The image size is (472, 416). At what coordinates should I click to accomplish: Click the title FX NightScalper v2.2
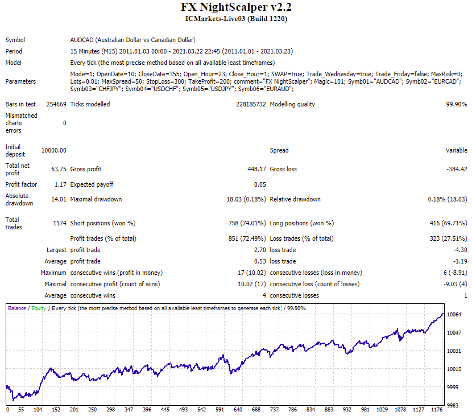click(x=236, y=7)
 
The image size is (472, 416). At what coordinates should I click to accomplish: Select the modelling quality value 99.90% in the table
click(x=456, y=104)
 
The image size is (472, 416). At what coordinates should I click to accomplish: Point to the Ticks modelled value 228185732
click(x=251, y=104)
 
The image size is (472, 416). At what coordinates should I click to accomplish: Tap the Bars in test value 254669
click(x=56, y=104)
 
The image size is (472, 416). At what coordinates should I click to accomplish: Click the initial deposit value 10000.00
click(x=54, y=150)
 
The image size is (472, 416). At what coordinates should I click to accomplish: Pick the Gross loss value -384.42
click(x=457, y=169)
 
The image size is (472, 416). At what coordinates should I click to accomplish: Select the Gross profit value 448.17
click(x=257, y=169)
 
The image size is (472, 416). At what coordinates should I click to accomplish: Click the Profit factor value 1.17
click(x=60, y=184)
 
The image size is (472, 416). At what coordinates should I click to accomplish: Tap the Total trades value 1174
click(x=60, y=223)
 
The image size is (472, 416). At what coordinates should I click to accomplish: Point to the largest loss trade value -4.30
click(x=460, y=250)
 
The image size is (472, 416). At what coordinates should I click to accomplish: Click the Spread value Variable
click(x=456, y=150)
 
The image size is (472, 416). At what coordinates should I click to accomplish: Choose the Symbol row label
click(x=15, y=40)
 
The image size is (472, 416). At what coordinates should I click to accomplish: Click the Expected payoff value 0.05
click(x=260, y=184)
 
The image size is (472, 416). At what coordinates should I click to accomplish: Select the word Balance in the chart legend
click(x=17, y=308)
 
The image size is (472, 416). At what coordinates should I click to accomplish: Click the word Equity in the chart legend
click(x=39, y=308)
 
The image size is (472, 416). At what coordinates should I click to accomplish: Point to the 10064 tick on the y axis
click(x=454, y=315)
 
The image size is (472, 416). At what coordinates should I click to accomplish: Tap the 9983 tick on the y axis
click(x=453, y=405)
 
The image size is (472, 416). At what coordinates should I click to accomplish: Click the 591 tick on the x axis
click(x=220, y=409)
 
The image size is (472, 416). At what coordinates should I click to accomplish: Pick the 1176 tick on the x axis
click(x=437, y=409)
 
